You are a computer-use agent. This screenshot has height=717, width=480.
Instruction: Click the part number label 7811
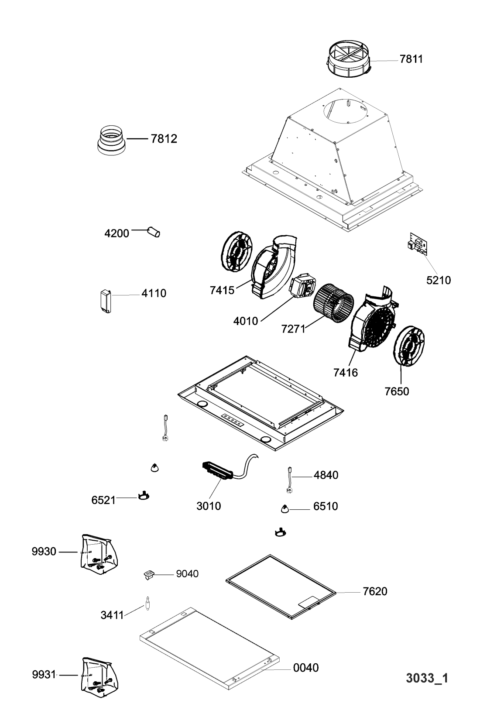tap(411, 59)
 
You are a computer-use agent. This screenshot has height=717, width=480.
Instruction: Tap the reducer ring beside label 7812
tap(111, 141)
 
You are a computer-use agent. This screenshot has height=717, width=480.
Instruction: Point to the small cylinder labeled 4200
tap(154, 232)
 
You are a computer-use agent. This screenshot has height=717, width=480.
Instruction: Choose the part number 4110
tap(154, 293)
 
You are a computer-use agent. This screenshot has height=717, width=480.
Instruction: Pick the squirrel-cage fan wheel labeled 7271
tap(333, 302)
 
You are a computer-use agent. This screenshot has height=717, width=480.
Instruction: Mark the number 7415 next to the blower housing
tap(222, 290)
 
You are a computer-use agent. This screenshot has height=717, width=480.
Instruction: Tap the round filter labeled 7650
tap(408, 346)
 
